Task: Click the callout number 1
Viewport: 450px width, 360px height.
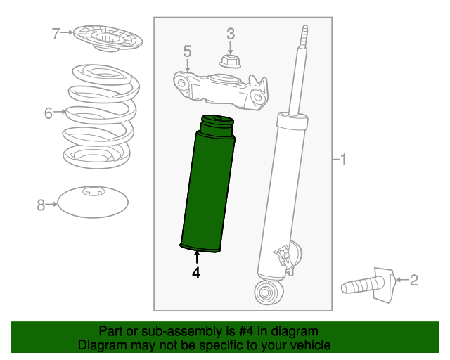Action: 342,160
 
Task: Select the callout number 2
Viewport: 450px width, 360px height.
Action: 413,281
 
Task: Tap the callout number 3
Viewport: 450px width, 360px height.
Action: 230,33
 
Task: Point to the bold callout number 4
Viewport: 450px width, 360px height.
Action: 196,273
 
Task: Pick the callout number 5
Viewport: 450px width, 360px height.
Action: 187,51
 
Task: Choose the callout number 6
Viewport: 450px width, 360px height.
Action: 49,112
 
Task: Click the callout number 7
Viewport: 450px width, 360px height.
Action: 57,32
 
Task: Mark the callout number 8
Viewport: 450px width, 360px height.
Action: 41,205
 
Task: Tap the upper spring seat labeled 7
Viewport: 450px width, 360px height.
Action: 105,38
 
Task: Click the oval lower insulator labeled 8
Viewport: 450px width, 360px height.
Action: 93,203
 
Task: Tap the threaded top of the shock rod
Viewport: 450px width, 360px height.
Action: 304,39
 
